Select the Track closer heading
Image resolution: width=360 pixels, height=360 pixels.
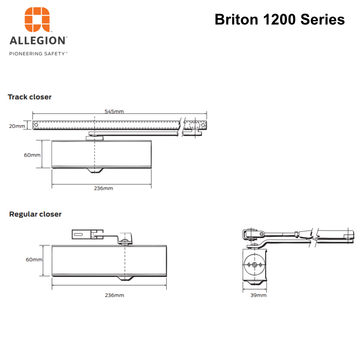tap(30, 97)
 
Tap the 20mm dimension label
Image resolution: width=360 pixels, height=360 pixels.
tap(17, 126)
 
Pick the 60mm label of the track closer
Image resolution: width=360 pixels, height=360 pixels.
tap(33, 155)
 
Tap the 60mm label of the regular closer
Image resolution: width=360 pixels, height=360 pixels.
tap(33, 259)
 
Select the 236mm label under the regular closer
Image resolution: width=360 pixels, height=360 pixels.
tap(114, 295)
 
